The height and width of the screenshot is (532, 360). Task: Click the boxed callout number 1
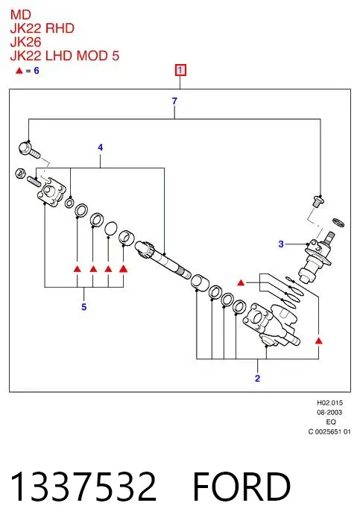click(x=180, y=70)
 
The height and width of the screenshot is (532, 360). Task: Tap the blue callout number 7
click(x=174, y=101)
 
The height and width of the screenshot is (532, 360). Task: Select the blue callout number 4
click(x=100, y=148)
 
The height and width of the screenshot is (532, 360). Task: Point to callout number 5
click(x=83, y=307)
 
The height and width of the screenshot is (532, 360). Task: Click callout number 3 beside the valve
click(x=281, y=244)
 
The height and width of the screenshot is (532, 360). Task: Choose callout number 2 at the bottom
click(x=257, y=378)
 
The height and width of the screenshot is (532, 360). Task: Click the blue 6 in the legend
click(x=37, y=71)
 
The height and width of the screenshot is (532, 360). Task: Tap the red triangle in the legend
click(x=19, y=71)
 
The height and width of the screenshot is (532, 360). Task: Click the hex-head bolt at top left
click(x=29, y=151)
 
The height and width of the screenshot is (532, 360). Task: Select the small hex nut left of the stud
click(x=20, y=173)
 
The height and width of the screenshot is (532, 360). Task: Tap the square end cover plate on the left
click(x=51, y=192)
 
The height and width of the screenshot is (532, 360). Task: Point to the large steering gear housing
click(x=271, y=324)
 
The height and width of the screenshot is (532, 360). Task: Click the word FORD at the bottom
click(x=241, y=487)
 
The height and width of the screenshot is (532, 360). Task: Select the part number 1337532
click(x=83, y=487)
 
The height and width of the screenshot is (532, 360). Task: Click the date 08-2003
click(x=329, y=412)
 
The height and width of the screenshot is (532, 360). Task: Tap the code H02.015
click(x=329, y=403)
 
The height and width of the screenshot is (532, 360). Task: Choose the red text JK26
click(x=25, y=42)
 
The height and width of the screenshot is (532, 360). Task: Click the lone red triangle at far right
click(x=318, y=341)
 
